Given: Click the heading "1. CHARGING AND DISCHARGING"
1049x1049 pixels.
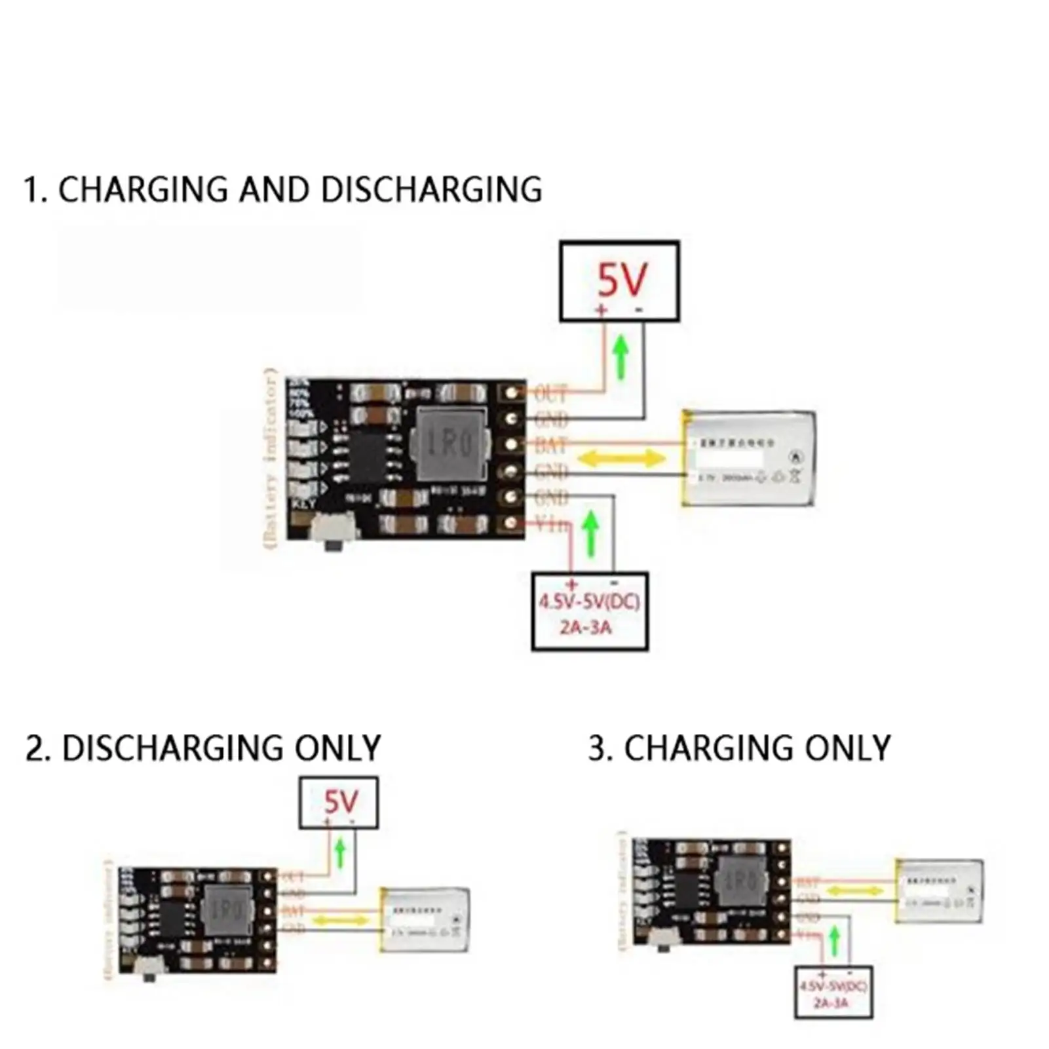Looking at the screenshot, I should [x=282, y=190].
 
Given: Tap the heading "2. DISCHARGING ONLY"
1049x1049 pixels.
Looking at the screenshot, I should [x=203, y=748].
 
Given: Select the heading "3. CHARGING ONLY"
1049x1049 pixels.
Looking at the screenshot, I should [x=739, y=748].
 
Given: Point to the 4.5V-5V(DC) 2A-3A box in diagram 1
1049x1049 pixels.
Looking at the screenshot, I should [x=590, y=611].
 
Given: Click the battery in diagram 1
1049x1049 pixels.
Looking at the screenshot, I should [x=749, y=458].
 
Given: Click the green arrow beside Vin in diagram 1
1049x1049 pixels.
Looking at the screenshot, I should [x=591, y=534].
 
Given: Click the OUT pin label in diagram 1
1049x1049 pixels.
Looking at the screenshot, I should [x=550, y=394].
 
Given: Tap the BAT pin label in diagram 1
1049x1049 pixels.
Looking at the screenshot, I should [x=550, y=446].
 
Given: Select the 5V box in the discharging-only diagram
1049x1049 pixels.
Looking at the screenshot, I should [x=339, y=803].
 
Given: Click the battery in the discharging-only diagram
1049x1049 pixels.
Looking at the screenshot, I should [x=426, y=920].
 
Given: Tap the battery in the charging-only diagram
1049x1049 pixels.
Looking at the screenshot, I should [x=939, y=890].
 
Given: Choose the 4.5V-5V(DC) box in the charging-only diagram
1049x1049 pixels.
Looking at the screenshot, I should [x=833, y=993].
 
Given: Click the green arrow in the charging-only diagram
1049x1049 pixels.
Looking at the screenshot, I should [x=834, y=942].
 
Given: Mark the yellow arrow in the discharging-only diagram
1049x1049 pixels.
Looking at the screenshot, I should [x=340, y=921].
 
